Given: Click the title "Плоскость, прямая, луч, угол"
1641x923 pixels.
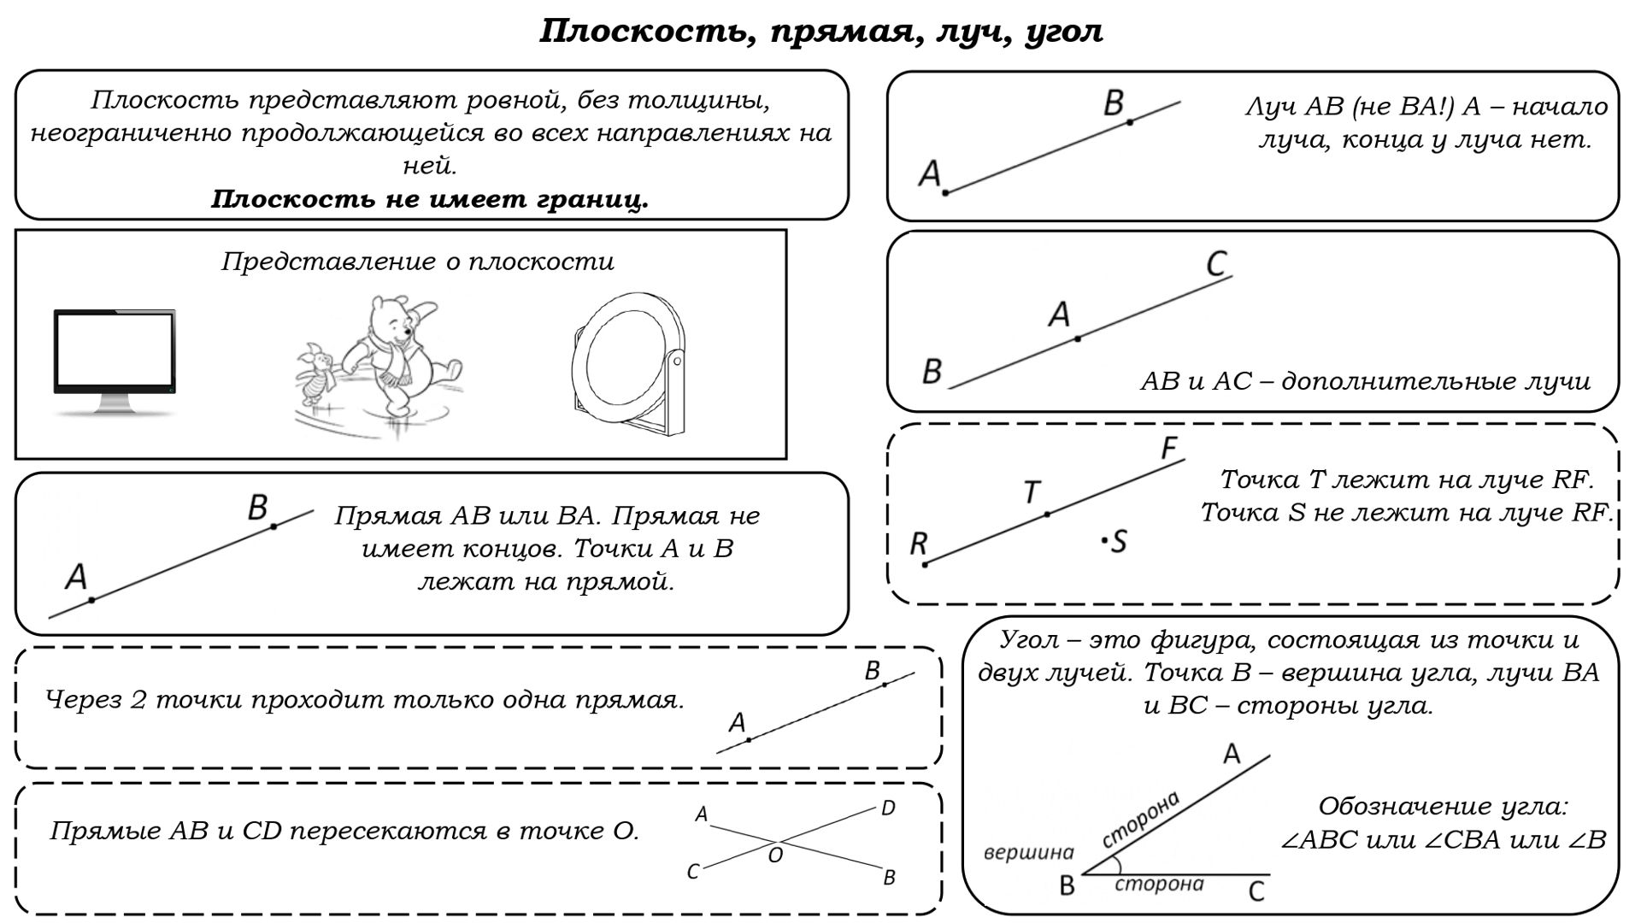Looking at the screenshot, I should coord(820,32).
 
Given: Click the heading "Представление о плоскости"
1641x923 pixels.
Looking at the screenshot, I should coord(418,262).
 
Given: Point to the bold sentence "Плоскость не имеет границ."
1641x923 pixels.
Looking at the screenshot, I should coord(430,199).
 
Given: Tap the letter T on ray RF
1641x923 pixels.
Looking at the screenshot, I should coord(1032,492).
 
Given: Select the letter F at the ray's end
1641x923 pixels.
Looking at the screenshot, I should coord(1169,448).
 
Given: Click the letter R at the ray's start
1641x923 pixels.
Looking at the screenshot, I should coord(919,543).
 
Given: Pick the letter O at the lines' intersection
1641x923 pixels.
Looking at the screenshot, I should coord(775,855).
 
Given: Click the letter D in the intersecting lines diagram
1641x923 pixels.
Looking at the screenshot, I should coord(888,808).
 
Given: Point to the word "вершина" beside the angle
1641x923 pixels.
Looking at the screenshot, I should coord(1028,852).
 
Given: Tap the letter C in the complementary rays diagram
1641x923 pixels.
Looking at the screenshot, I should coord(1217,263).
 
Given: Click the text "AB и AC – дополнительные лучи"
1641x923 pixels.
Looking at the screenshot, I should coord(1365,381).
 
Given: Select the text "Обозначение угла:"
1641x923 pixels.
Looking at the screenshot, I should coord(1443,806).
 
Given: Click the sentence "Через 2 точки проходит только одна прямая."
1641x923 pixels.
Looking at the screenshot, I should coord(365,700).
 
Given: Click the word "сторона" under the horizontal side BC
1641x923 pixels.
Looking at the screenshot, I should coord(1159,885).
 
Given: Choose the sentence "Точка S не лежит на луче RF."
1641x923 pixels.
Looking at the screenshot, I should coord(1406,513).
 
